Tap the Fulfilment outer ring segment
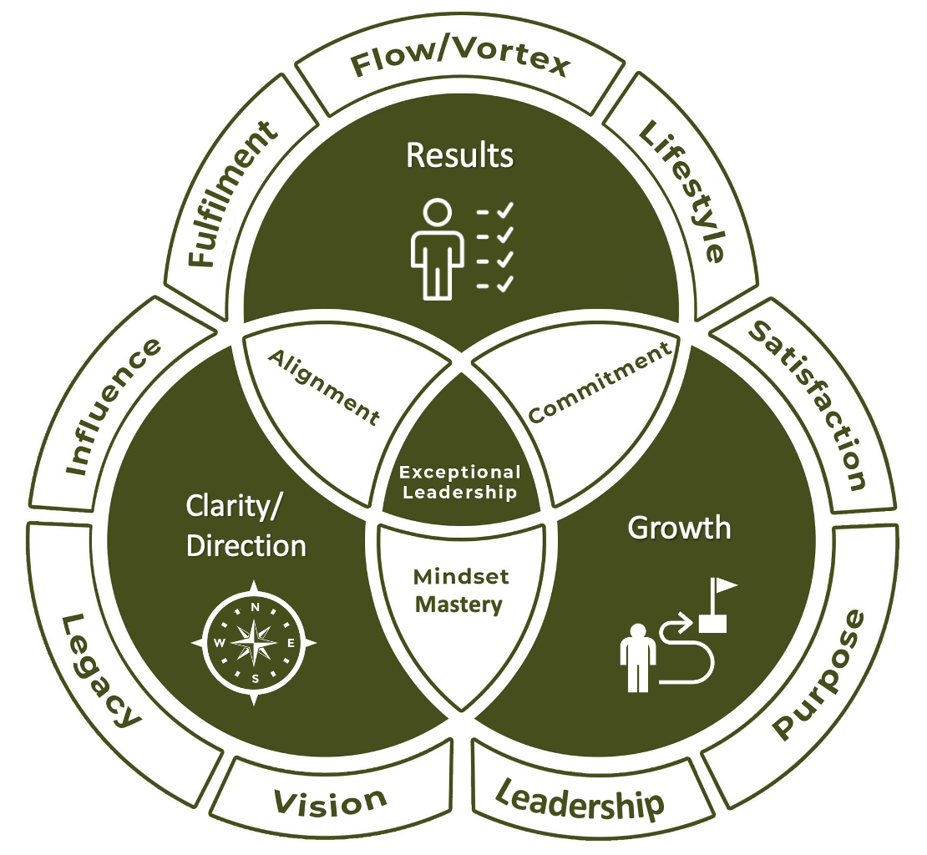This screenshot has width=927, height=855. click(231, 194)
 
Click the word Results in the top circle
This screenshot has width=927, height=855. click(459, 155)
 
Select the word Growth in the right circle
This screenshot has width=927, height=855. click(679, 528)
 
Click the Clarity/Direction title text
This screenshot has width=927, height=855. click(246, 527)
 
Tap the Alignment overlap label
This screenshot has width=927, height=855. click(322, 386)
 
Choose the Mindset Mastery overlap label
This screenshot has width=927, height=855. click(461, 590)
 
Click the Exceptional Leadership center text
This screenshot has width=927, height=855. click(461, 483)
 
